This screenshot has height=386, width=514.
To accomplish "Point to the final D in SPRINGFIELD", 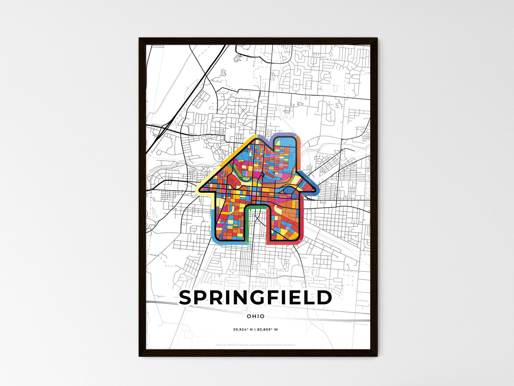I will pyautogui.click(x=324, y=298).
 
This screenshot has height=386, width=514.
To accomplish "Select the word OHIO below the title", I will pyautogui.click(x=256, y=316).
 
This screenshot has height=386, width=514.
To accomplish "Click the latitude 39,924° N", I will pyautogui.click(x=243, y=329).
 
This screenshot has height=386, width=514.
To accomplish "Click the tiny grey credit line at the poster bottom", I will pyautogui.click(x=255, y=345).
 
